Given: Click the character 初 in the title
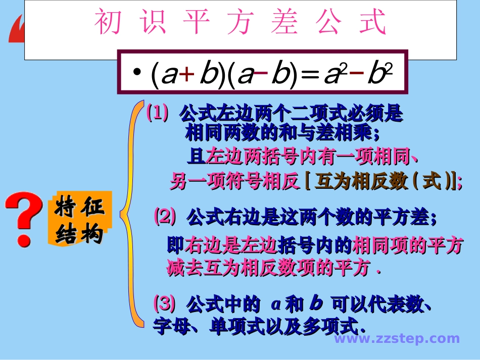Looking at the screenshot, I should (x=108, y=23).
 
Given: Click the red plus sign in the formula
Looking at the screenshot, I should (x=186, y=74).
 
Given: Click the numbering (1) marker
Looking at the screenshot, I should (x=157, y=114).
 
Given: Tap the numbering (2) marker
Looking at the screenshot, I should (x=165, y=217).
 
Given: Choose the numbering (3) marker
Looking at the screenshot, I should (x=164, y=304).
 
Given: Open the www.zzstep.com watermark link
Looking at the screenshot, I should (x=397, y=339).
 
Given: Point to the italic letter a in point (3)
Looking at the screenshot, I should (x=275, y=304).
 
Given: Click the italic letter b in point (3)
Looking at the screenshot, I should (x=316, y=304).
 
